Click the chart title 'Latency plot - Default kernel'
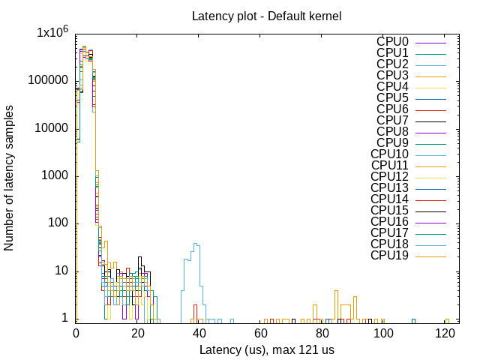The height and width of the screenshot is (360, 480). point(268,16)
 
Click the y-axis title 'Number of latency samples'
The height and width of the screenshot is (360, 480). point(10,178)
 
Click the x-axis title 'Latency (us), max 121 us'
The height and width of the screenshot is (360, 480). point(267,349)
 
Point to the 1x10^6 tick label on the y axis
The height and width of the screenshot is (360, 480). point(52,33)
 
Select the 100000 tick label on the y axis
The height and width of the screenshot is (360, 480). point(47,80)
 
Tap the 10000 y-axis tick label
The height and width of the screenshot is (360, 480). point(50,128)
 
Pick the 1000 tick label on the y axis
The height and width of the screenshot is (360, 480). point(53,175)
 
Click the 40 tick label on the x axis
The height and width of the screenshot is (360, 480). point(199,333)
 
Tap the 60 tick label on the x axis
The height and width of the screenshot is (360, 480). point(260,333)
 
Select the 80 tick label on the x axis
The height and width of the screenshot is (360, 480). point(322,333)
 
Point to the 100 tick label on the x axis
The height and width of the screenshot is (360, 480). point(383,333)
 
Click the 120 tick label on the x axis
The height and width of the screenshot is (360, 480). point(445,333)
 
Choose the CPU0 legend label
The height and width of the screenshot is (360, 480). point(392,42)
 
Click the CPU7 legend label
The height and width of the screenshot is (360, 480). point(392,121)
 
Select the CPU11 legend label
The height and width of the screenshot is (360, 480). point(389,166)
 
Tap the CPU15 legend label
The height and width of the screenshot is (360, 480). point(389,211)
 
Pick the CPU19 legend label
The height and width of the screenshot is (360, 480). point(389,256)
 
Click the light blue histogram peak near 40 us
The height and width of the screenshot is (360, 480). point(196,244)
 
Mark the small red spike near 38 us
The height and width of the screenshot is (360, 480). point(194,307)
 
